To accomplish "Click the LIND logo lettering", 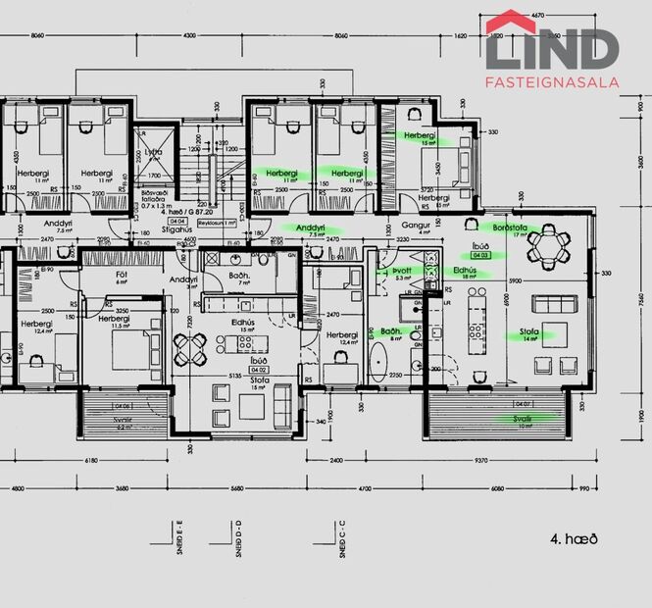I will coord(552,49).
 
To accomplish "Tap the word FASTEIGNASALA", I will coord(552,83).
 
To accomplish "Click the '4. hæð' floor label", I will coord(574,538).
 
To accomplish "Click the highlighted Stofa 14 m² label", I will coord(530,333).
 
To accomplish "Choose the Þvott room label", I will coord(401,270).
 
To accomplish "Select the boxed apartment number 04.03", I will coord(479,254).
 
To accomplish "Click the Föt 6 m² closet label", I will coord(123,277).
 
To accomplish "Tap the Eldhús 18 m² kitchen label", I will coord(466,272).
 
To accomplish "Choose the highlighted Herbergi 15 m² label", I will coord(420,137).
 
